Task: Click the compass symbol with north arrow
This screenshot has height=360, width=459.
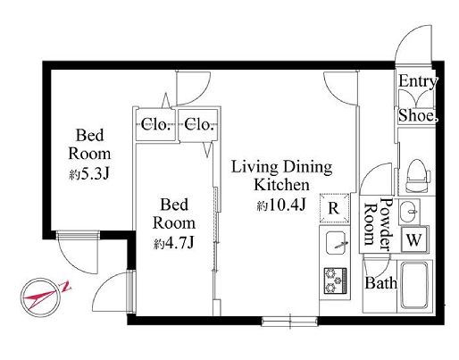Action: pyautogui.click(x=41, y=297)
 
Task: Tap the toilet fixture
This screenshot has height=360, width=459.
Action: pyautogui.click(x=419, y=176)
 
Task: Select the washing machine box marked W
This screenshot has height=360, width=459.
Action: pyautogui.click(x=414, y=239)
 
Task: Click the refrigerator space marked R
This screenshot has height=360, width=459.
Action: pyautogui.click(x=334, y=208)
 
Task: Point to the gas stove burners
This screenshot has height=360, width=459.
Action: pyautogui.click(x=336, y=280)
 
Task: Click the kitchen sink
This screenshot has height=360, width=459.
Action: pyautogui.click(x=336, y=242)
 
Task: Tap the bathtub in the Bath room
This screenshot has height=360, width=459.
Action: pyautogui.click(x=414, y=285)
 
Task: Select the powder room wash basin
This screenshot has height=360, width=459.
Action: pyautogui.click(x=409, y=212)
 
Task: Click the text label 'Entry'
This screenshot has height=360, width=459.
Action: pyautogui.click(x=417, y=81)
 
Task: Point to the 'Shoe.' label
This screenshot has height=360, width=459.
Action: pyautogui.click(x=418, y=115)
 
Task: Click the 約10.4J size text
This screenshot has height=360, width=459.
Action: pyautogui.click(x=281, y=205)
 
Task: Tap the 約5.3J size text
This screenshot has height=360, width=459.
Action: pyautogui.click(x=89, y=174)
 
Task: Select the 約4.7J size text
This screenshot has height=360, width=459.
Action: pyautogui.click(x=174, y=244)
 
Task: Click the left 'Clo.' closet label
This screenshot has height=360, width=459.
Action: pyautogui.click(x=155, y=124)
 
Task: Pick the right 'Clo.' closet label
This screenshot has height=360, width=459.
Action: pyautogui.click(x=199, y=124)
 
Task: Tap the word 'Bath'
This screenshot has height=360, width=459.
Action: pyautogui.click(x=381, y=282)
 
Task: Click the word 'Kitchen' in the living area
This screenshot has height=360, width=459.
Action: pyautogui.click(x=281, y=185)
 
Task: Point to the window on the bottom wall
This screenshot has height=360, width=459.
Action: pyautogui.click(x=289, y=322)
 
